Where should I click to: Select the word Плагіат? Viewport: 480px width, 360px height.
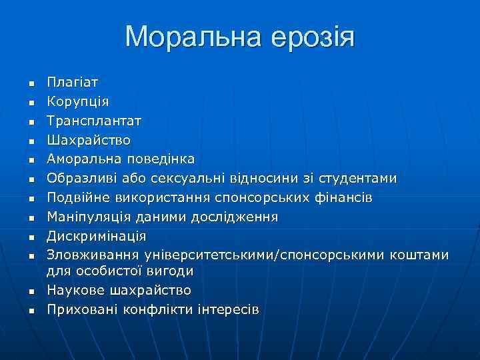coord(72,83)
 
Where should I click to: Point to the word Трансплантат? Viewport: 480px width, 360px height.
coord(93,121)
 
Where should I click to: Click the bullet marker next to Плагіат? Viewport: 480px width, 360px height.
coord(31,84)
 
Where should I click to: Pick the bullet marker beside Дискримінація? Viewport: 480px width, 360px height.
coord(31,237)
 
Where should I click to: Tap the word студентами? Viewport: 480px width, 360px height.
coord(357,179)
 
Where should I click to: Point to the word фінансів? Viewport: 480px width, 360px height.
coord(342,198)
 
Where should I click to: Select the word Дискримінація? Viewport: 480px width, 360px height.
coord(96,237)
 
